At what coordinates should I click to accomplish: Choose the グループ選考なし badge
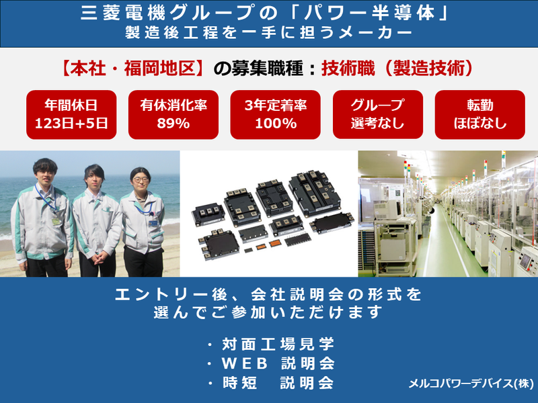[377, 114]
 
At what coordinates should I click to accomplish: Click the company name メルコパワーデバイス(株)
[469, 384]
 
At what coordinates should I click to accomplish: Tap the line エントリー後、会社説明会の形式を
[268, 295]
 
